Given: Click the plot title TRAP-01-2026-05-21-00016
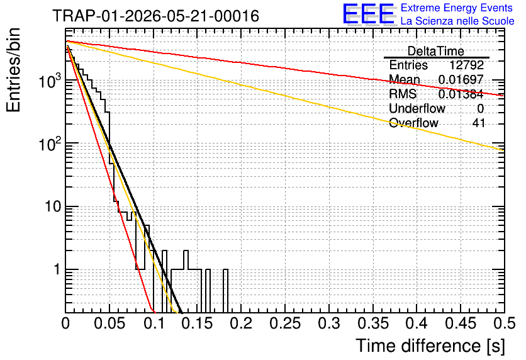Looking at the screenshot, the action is tap(156, 16).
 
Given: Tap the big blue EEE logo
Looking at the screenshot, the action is tap(369, 14).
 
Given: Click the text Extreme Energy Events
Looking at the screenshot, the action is tap(457, 8).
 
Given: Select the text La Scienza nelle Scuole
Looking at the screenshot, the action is tap(457, 21).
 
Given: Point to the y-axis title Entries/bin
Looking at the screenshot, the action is tap(13, 70).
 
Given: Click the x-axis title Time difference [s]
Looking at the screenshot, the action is tap(430, 346).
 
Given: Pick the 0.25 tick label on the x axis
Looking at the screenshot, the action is tap(285, 323).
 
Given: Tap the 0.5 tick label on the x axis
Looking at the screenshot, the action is tap(505, 323).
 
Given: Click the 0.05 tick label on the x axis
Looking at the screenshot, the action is tap(109, 323).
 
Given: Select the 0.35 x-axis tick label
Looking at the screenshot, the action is tap(373, 323).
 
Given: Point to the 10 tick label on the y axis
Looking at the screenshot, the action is tap(53, 206).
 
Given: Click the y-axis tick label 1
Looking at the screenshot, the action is tap(58, 269).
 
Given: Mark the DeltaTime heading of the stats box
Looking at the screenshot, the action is tap(436, 51).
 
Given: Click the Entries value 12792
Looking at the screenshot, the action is tap(466, 65).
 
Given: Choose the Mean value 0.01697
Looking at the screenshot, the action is tap(461, 79).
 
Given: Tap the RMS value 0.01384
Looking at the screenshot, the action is tap(461, 94).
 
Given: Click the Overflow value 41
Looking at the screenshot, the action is tap(479, 123).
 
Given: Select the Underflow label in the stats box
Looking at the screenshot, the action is tap(417, 108).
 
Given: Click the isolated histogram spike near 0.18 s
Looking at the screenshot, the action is tap(226, 291).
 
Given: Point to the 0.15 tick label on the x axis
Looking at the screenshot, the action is tap(198, 323).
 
